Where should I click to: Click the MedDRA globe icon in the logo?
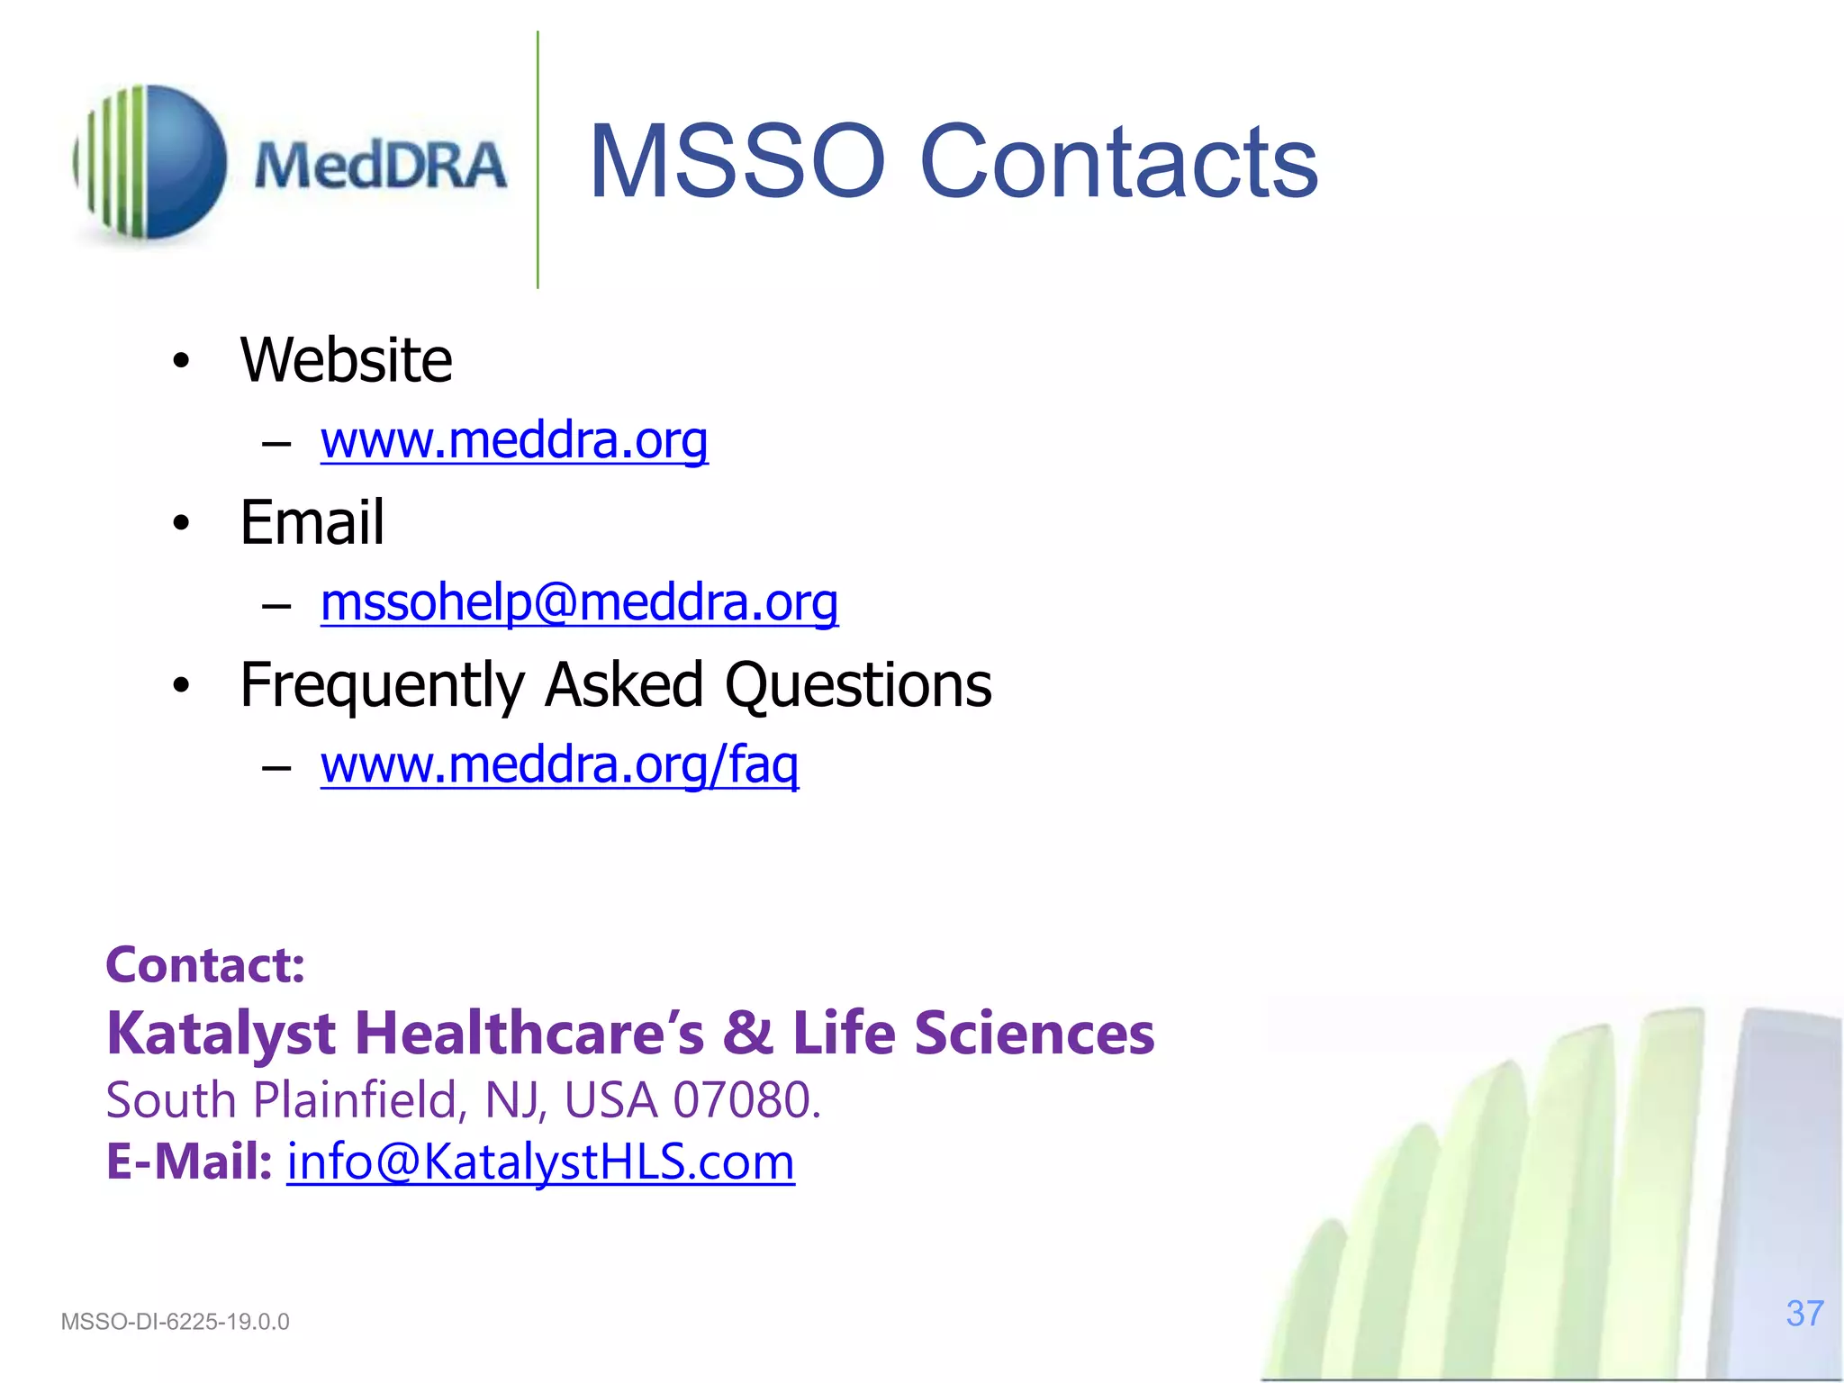point(150,162)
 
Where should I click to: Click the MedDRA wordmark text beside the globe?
point(380,166)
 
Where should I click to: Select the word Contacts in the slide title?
point(1118,162)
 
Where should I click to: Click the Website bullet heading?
point(346,360)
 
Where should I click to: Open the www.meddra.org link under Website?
point(514,440)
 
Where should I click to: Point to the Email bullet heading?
point(312,522)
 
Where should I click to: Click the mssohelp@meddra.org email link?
point(579,602)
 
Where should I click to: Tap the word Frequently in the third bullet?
point(382,686)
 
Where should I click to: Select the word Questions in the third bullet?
point(858,686)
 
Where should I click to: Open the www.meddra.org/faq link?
point(559,764)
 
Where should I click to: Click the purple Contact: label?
point(205,965)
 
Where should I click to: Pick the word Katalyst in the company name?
point(221,1033)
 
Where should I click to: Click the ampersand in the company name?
point(747,1033)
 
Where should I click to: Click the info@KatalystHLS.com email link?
point(540,1162)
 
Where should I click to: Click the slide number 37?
point(1804,1314)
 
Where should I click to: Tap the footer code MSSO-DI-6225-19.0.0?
point(175,1322)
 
